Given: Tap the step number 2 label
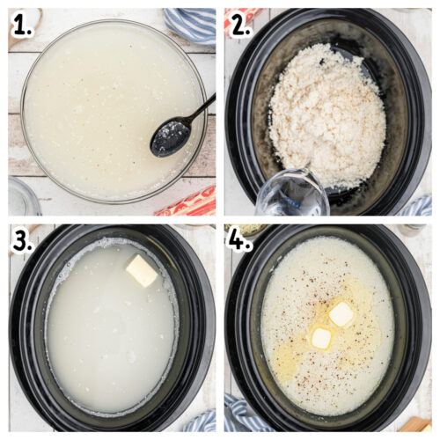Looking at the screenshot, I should (x=239, y=26).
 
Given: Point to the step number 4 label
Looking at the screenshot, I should (x=240, y=241).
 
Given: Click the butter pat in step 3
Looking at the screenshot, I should (x=141, y=271).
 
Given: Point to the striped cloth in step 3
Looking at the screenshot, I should (x=201, y=422).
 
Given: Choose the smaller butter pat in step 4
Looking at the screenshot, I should (x=321, y=339).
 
